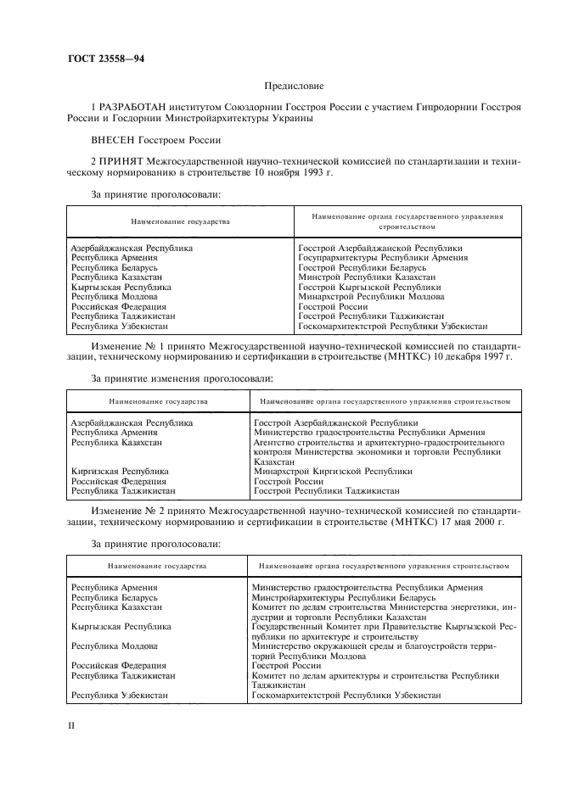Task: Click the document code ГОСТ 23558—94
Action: [99, 59]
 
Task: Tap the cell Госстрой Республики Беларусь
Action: [362, 267]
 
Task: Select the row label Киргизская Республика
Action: [120, 471]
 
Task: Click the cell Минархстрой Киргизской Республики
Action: [333, 471]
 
